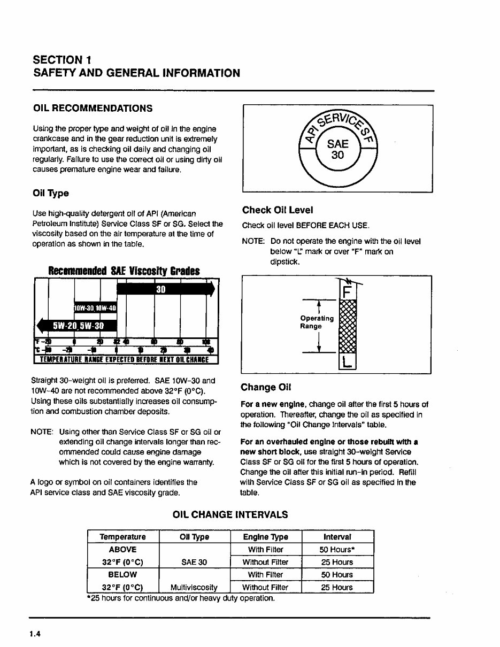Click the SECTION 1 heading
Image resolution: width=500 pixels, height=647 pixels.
pos(65,59)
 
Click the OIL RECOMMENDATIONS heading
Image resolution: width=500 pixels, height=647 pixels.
pos(93,109)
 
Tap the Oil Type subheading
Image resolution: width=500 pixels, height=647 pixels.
pos(51,192)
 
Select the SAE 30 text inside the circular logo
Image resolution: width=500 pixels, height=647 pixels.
pos(337,150)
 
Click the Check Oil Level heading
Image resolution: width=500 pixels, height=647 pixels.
pos(278,210)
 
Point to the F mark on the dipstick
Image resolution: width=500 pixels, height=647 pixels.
pos(348,292)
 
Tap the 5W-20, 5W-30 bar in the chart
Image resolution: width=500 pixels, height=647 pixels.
pos(78,326)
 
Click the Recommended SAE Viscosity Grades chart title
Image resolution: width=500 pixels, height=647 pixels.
pos(124,271)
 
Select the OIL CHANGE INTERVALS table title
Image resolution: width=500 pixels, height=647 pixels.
pos(230,515)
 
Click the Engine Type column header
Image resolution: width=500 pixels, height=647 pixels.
pos(265,537)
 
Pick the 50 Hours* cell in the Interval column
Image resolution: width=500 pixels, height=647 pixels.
pos(337,550)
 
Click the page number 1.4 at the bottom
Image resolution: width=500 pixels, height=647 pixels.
pos(36,634)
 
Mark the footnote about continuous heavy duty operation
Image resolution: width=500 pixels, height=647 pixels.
pos(181,598)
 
